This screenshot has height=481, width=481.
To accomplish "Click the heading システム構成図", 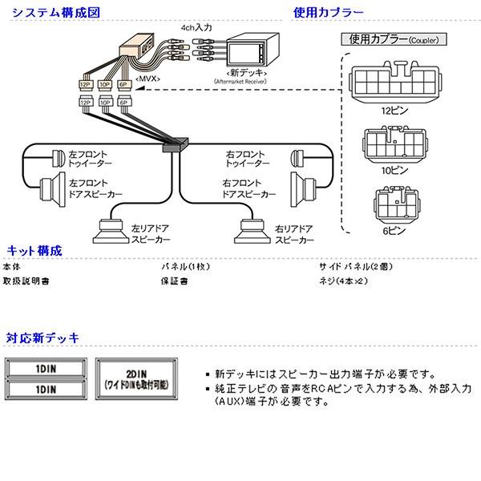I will pos(49,12).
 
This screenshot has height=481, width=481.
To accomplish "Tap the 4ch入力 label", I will pos(196,28).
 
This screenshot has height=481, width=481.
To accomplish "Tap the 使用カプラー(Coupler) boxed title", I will pos(394,39).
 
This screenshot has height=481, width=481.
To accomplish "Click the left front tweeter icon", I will pos(58,156).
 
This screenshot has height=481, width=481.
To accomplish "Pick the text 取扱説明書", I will pos(26,282).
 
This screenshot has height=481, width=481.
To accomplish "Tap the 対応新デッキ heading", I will pos(42,337).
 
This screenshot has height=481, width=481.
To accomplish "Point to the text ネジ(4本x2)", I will pos(343,282).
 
